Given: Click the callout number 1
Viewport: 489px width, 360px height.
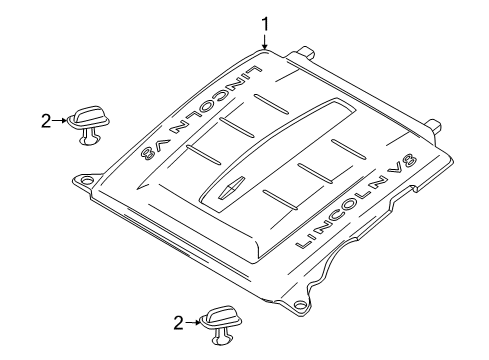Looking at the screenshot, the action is coord(265,25).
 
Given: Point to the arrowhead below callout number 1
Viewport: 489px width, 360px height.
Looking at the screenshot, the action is coord(265,46).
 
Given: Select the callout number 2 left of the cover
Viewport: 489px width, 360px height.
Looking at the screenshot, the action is coord(46,121).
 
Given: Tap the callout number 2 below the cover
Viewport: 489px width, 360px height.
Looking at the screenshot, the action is coord(179,323).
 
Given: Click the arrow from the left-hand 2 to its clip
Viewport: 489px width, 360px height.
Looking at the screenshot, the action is coord(60,121).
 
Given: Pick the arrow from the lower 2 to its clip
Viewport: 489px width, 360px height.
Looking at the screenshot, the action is coord(193,322).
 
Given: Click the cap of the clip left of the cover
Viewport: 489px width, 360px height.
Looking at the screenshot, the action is coord(89,118).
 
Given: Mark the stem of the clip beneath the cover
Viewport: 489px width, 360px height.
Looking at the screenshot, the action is coord(221,337).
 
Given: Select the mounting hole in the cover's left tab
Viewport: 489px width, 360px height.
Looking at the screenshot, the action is coord(87,180).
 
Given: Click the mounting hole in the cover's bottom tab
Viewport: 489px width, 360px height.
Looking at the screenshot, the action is coord(300,304).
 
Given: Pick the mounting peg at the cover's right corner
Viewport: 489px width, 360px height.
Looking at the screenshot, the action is coord(433,125).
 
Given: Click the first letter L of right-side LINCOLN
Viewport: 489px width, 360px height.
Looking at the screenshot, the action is coord(303,242).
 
